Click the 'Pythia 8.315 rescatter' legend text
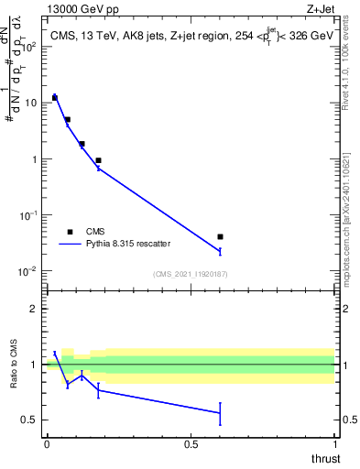(127, 245)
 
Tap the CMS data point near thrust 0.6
(220, 237)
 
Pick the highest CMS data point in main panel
(54, 97)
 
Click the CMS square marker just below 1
(98, 160)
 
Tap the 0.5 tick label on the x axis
(191, 444)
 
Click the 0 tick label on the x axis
(47, 444)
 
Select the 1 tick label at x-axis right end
(334, 444)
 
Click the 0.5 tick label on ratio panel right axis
(348, 420)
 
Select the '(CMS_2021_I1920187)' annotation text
(191, 274)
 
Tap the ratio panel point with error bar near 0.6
(220, 413)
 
